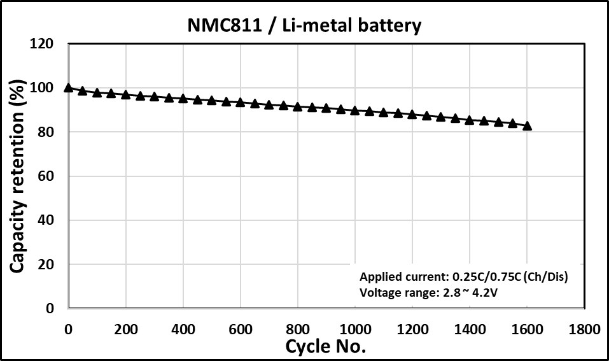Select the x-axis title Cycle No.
(x=325, y=347)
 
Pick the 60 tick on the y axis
(x=45, y=176)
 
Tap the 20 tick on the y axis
(x=45, y=264)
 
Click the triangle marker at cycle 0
(x=69, y=87)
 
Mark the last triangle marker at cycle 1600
(x=527, y=126)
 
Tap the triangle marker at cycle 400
(x=183, y=99)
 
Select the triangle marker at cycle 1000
(x=355, y=111)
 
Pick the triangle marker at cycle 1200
(x=412, y=115)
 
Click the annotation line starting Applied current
(x=463, y=277)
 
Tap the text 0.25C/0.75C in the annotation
(x=484, y=277)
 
